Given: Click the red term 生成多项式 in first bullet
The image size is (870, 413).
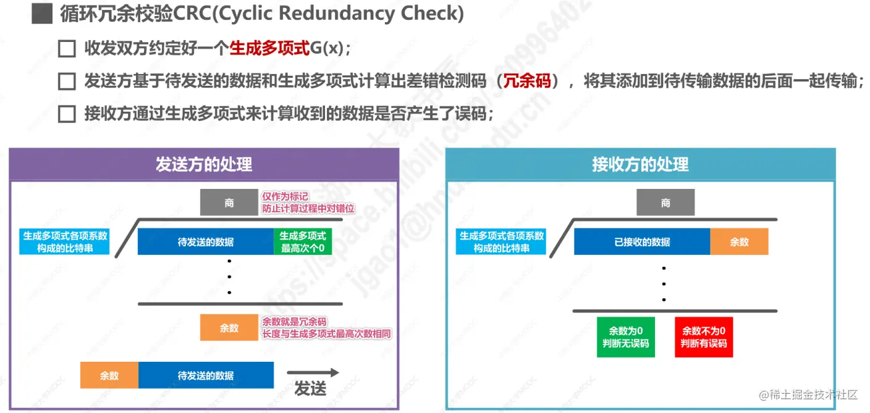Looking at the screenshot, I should click(269, 49).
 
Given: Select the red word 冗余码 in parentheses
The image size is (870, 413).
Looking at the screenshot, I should click(527, 81).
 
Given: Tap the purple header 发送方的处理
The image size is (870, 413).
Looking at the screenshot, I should click(204, 164).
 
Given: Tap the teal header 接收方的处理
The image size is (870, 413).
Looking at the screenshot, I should click(640, 164).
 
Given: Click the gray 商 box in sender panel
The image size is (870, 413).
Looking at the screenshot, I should click(229, 202).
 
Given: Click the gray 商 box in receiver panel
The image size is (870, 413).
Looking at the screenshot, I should click(665, 202).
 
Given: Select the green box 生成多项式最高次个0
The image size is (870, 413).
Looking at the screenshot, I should click(303, 242).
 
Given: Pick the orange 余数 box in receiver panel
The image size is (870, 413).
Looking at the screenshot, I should click(739, 242).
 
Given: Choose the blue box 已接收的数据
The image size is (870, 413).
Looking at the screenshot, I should click(642, 242).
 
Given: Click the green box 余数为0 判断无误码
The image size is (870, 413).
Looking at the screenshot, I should click(626, 337).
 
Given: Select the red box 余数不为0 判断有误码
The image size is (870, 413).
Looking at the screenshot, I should click(704, 337).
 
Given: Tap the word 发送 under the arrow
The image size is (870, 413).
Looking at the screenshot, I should click(310, 389).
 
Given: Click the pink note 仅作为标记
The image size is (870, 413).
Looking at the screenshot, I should click(285, 196).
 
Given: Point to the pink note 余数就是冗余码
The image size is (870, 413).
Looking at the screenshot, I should click(295, 322).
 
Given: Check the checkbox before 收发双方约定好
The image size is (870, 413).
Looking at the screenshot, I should click(66, 49).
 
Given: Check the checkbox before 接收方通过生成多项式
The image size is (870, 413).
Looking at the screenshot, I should click(66, 114).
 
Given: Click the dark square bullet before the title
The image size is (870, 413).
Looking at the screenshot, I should click(42, 14).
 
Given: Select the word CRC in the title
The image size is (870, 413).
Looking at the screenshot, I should click(189, 14).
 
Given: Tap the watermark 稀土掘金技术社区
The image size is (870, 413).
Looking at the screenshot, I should click(809, 394).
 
